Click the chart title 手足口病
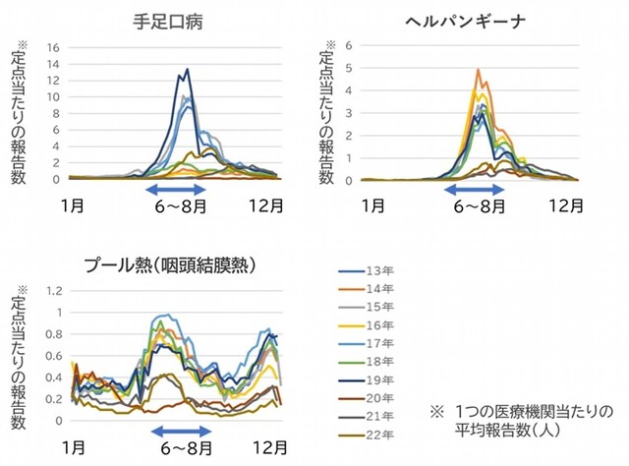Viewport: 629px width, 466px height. tap(177, 20)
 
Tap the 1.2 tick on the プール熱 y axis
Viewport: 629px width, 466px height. tap(54, 291)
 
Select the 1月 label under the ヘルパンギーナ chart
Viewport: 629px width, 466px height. tap(372, 205)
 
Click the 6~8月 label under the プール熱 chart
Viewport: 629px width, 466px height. tap(182, 448)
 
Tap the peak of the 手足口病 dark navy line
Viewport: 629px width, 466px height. tap(187, 70)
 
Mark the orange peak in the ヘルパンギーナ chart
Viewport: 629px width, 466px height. tap(478, 71)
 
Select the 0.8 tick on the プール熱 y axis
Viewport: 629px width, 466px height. tap(54, 334)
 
